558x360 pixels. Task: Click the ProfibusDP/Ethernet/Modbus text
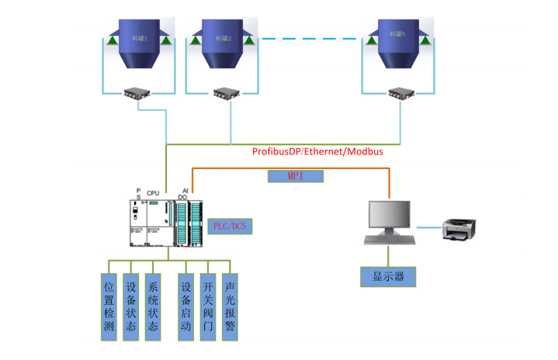click(x=317, y=152)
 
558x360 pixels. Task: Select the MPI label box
click(x=295, y=176)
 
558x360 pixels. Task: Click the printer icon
click(x=459, y=228)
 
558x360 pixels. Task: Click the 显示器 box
click(x=388, y=277)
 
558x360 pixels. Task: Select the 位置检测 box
click(x=109, y=306)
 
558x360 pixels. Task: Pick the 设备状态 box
click(x=131, y=306)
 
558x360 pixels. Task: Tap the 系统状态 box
click(x=154, y=306)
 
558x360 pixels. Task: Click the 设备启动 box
click(x=185, y=306)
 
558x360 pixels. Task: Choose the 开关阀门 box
click(x=207, y=306)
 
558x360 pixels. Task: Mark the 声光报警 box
click(x=229, y=306)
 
